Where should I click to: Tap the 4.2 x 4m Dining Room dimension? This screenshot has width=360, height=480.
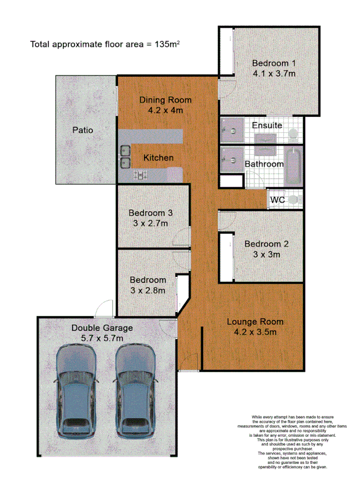pyautogui.click(x=165, y=111)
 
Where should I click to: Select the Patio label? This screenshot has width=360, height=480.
pyautogui.click(x=83, y=130)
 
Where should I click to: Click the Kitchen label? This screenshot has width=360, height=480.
pyautogui.click(x=158, y=158)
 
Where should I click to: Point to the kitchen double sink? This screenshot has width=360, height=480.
pyautogui.click(x=125, y=156)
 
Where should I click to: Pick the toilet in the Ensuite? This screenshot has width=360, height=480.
pyautogui.click(x=294, y=132)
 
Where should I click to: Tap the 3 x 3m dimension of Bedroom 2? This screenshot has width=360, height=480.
pyautogui.click(x=266, y=254)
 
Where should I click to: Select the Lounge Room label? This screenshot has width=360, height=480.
pyautogui.click(x=255, y=322)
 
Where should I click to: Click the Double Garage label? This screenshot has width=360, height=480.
pyautogui.click(x=102, y=328)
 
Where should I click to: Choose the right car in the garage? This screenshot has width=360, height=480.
pyautogui.click(x=135, y=388)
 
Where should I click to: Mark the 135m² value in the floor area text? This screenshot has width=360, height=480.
pyautogui.click(x=166, y=45)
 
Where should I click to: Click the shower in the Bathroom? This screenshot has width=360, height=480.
pyautogui.click(x=232, y=158)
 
